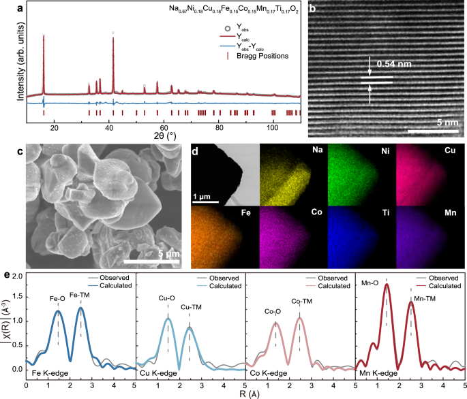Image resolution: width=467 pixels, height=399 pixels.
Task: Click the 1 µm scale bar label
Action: (x=207, y=195)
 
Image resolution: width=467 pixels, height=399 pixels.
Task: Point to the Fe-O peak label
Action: (x=57, y=298)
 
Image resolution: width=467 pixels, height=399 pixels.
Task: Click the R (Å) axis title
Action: (x=245, y=394)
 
